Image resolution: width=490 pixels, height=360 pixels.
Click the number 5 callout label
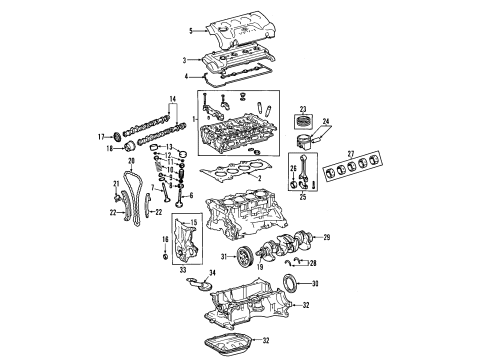pyautogui.click(x=191, y=31)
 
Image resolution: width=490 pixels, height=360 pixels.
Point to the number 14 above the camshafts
pyautogui.click(x=172, y=97)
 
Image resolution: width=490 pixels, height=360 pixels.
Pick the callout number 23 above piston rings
pyautogui.click(x=302, y=109)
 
